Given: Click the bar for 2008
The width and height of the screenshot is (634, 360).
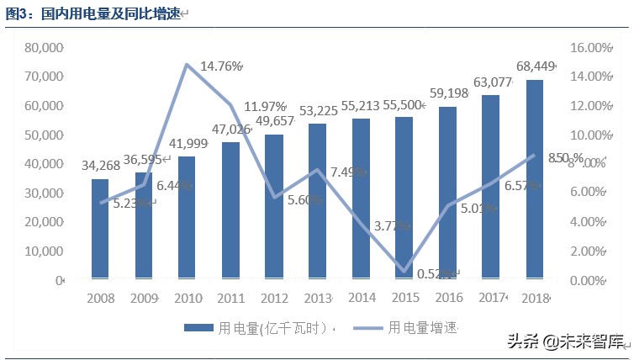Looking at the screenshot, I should tap(99, 228).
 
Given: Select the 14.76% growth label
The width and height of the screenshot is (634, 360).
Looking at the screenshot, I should tap(221, 66).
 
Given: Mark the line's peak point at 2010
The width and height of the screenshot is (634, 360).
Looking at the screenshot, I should tap(186, 65).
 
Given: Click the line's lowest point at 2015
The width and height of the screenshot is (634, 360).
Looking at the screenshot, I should tap(404, 272).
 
